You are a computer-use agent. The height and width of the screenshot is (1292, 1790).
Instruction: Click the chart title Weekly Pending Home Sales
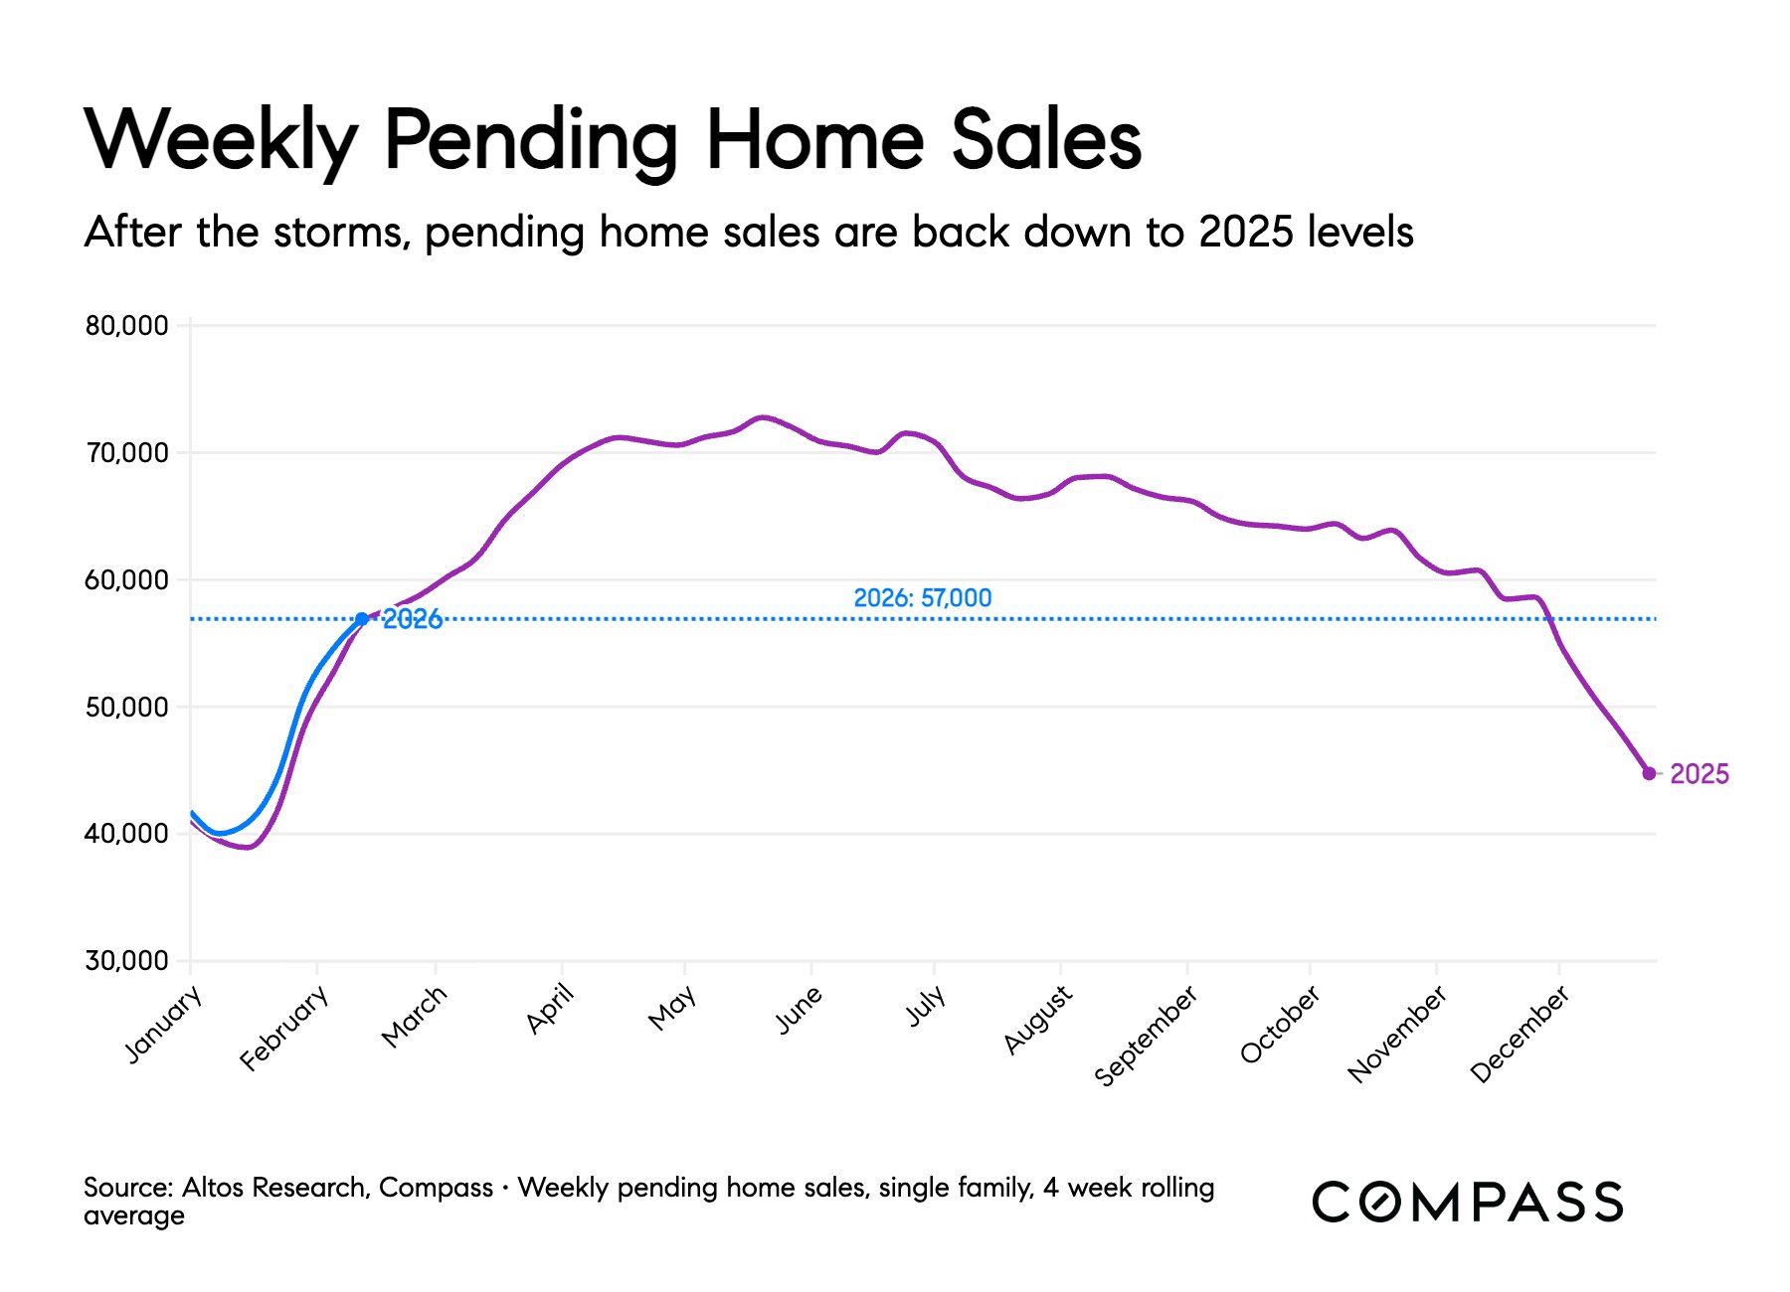pyautogui.click(x=613, y=139)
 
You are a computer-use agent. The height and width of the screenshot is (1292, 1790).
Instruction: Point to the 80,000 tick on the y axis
pyautogui.click(x=126, y=326)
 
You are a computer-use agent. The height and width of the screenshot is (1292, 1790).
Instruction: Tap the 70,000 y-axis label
pyautogui.click(x=126, y=453)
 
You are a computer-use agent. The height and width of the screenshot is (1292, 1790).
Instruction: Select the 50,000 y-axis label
pyautogui.click(x=126, y=708)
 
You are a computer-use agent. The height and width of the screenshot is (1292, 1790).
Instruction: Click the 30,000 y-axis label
pyautogui.click(x=126, y=961)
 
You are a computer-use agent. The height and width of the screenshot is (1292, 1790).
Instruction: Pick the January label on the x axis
pyautogui.click(x=164, y=1025)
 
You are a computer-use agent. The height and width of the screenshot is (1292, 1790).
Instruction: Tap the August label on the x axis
pyautogui.click(x=1038, y=1019)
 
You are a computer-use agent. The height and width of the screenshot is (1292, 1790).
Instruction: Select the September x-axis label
pyautogui.click(x=1146, y=1036)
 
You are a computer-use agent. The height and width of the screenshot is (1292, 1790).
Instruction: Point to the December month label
pyautogui.click(x=1520, y=1034)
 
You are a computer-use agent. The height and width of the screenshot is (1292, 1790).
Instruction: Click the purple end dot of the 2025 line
pyautogui.click(x=1649, y=773)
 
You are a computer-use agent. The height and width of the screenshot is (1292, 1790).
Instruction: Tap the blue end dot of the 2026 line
pyautogui.click(x=361, y=619)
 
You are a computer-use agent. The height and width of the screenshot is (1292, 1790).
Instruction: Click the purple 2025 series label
pyautogui.click(x=1700, y=774)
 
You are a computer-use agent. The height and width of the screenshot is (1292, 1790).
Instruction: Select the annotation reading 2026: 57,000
pyautogui.click(x=922, y=598)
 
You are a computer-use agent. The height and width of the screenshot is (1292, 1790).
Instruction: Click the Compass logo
pyautogui.click(x=1467, y=1202)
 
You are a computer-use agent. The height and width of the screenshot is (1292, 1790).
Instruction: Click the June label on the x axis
pyautogui.click(x=799, y=1010)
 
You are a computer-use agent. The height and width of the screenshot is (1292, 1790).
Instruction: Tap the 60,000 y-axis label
pyautogui.click(x=126, y=580)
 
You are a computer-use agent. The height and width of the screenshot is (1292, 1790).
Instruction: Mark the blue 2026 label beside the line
pyautogui.click(x=413, y=620)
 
